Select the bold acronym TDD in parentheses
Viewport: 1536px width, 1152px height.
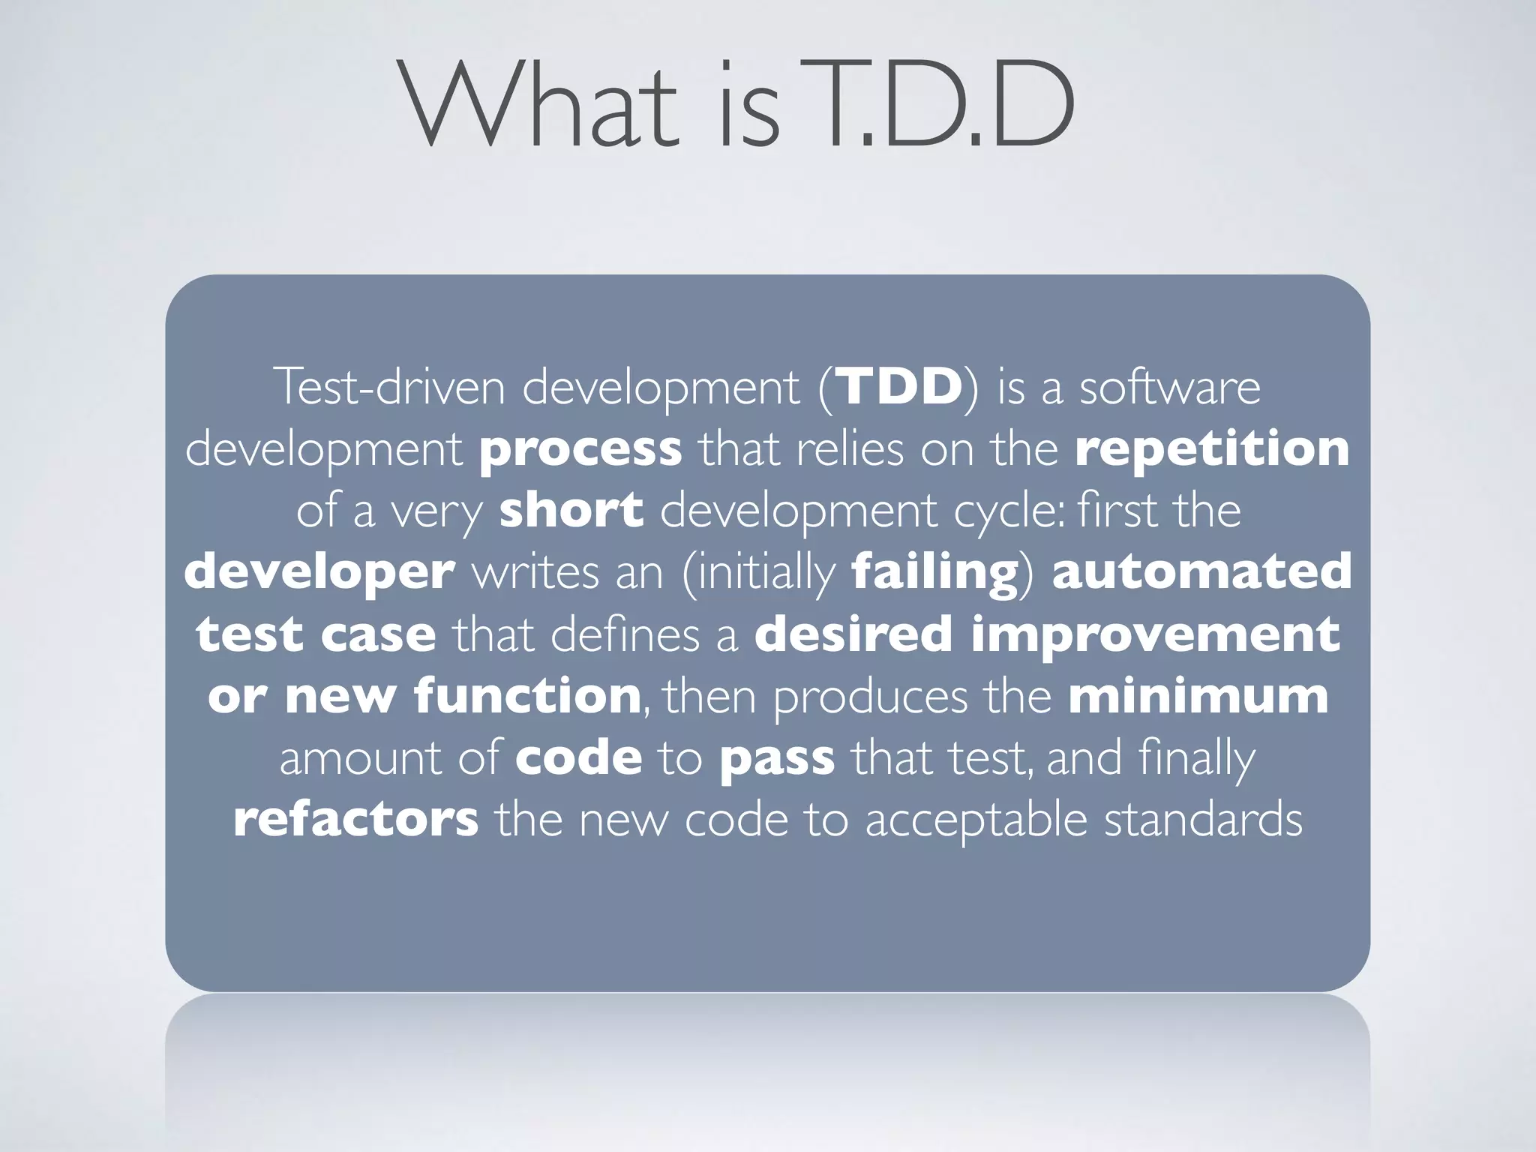coord(899,387)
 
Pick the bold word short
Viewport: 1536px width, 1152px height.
coord(571,510)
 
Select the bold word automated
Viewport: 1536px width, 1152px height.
coord(1201,571)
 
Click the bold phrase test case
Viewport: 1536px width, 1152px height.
coord(316,634)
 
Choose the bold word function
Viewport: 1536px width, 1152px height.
coord(527,696)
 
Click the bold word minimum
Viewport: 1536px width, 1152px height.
coord(1198,696)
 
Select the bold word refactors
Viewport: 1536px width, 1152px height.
coord(355,819)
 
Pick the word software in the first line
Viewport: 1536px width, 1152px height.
coord(1170,387)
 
